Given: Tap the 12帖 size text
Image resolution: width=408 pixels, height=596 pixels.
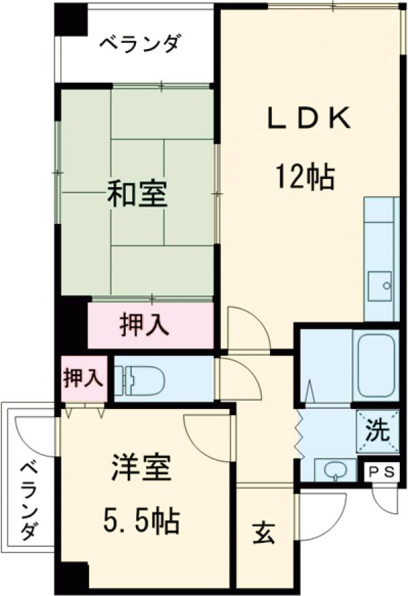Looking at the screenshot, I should pos(304,178).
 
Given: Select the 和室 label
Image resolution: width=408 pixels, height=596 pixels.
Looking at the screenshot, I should pos(137,196).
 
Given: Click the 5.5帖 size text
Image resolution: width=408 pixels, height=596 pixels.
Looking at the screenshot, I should pos(141,522).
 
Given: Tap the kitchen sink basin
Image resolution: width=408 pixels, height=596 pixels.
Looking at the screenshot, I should pos(377,286).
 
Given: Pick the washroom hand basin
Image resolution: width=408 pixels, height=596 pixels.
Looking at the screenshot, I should pos(333,469).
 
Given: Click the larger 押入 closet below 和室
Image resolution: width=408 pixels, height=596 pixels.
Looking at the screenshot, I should pos(144,326).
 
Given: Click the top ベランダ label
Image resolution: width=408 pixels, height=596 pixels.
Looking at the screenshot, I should pos(139,45).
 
